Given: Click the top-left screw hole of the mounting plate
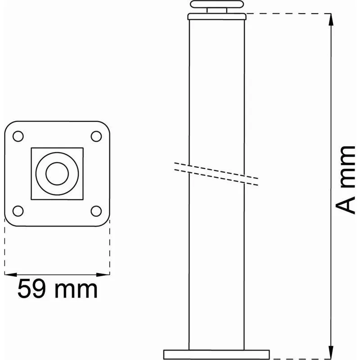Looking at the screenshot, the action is pyautogui.click(x=18, y=136).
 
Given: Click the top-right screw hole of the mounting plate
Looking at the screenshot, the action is pyautogui.click(x=96, y=136).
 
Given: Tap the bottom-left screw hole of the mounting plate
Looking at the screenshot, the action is pyautogui.click(x=18, y=211).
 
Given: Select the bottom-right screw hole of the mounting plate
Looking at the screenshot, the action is pyautogui.click(x=96, y=211).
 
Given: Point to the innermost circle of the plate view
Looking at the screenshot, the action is pyautogui.click(x=57, y=174).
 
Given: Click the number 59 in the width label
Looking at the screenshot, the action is pyautogui.click(x=31, y=288).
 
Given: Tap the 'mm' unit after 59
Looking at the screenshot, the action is pyautogui.click(x=76, y=290).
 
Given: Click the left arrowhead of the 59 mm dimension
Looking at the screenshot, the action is pyautogui.click(x=10, y=274).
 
